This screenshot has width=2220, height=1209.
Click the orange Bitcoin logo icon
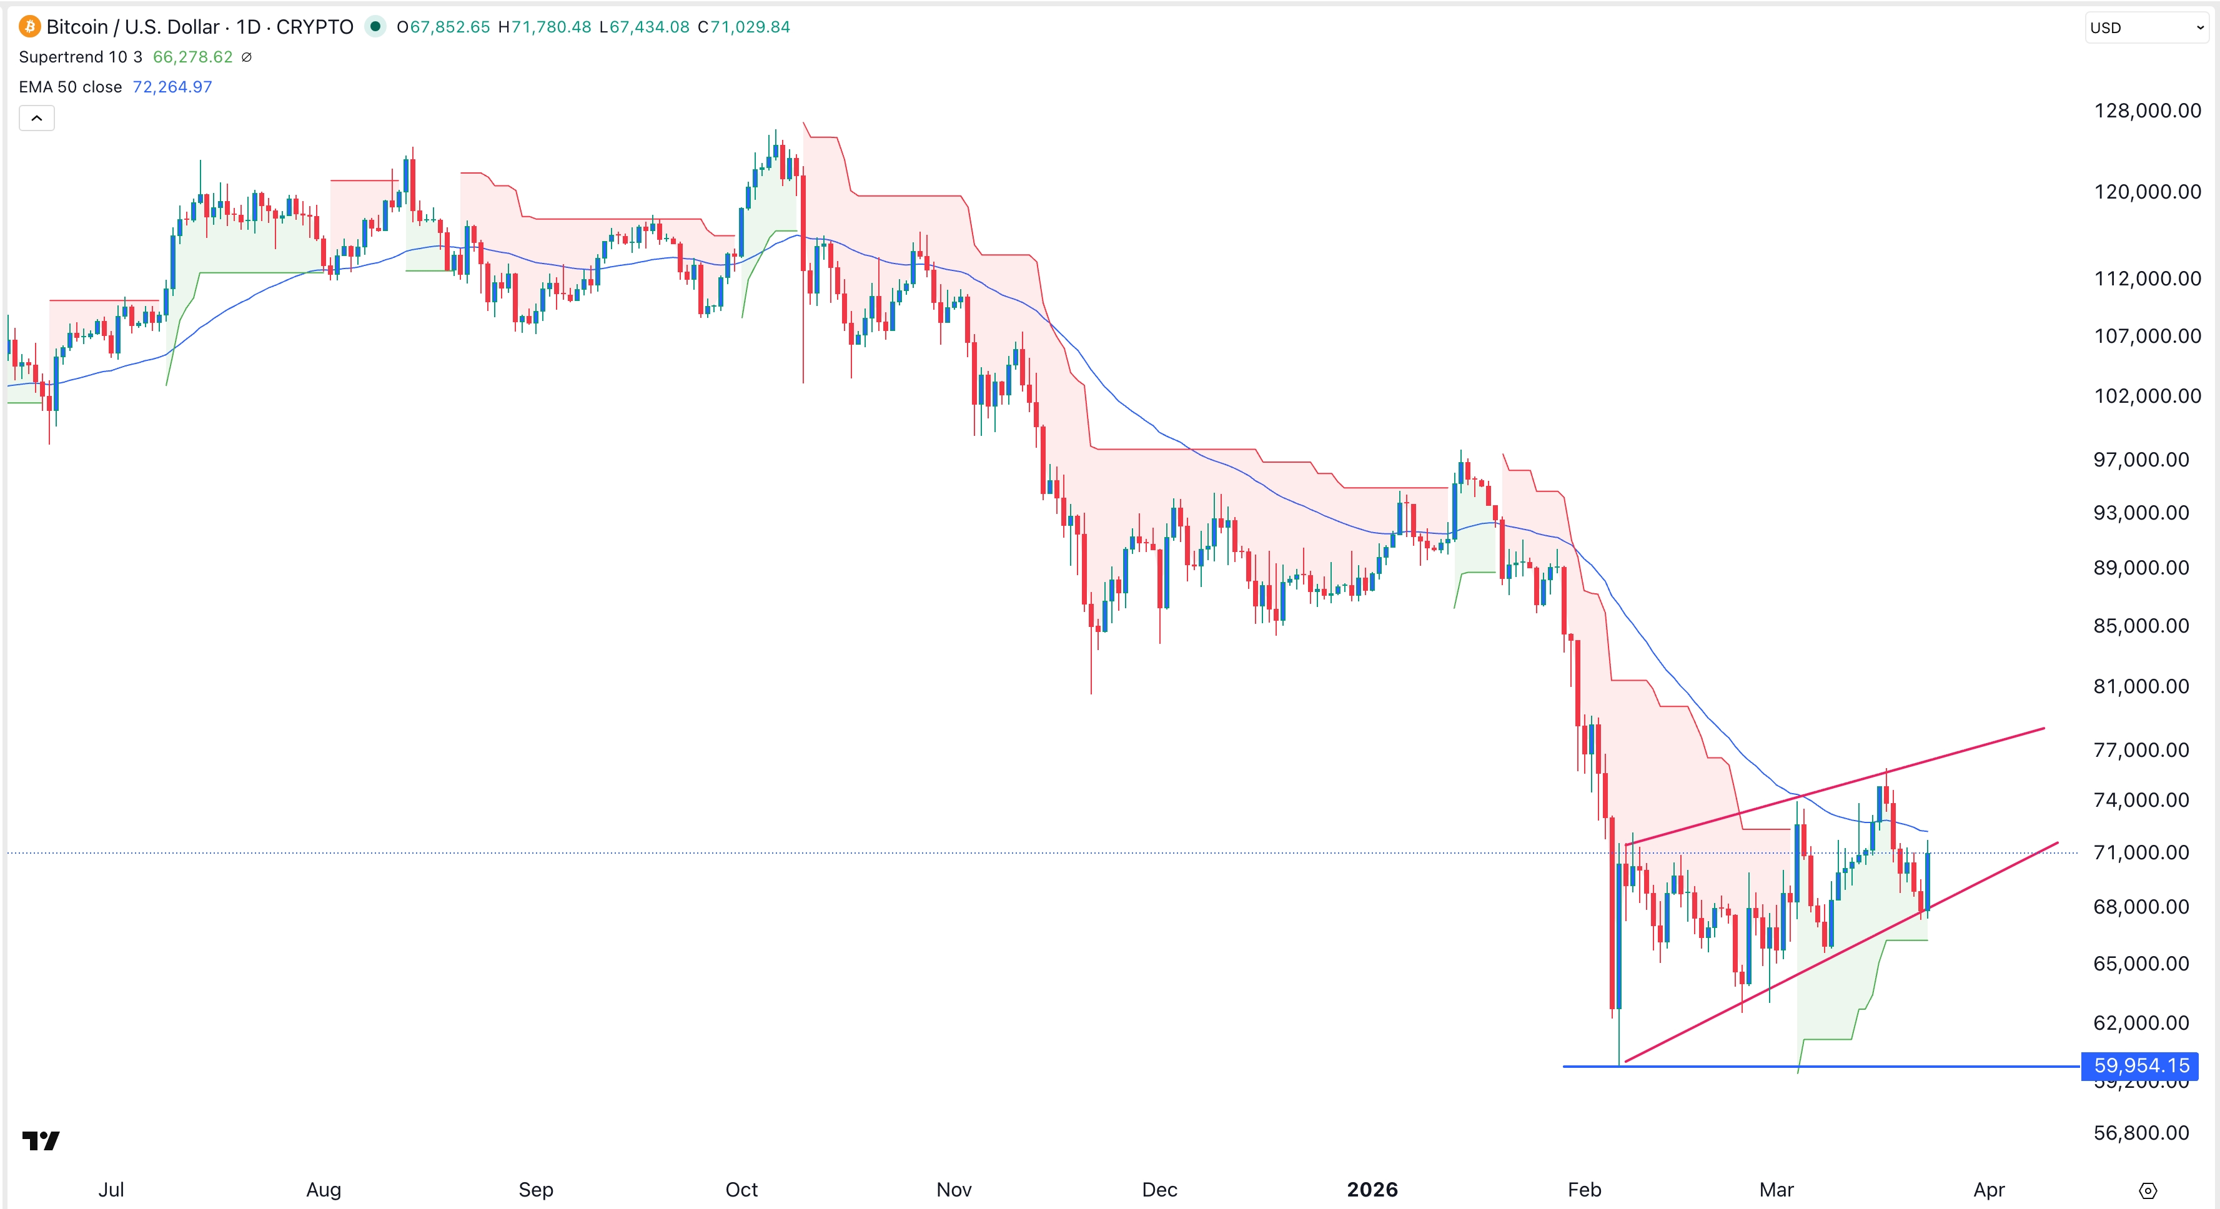[x=29, y=27]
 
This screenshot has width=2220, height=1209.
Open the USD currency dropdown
[x=2145, y=27]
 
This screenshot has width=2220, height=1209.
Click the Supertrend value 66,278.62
[x=192, y=57]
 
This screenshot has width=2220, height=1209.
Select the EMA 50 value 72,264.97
[x=172, y=87]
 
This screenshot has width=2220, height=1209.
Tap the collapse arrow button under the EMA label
[x=37, y=118]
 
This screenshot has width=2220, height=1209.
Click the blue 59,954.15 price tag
[x=2140, y=1066]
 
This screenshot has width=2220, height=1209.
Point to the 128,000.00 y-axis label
[x=2147, y=111]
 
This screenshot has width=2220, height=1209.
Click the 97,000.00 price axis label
[x=2141, y=459]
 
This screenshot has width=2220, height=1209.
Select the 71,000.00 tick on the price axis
[x=2141, y=852]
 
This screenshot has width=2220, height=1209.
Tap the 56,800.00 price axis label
[x=2141, y=1132]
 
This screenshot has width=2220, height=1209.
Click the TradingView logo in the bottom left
[x=41, y=1141]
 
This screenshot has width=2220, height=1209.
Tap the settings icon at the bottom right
[x=2148, y=1191]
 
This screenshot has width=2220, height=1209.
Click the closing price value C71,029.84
[x=744, y=27]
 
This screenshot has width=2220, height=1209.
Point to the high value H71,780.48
[x=545, y=27]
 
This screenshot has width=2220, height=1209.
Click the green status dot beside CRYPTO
[x=375, y=27]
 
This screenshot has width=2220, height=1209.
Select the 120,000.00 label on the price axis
[x=2147, y=191]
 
